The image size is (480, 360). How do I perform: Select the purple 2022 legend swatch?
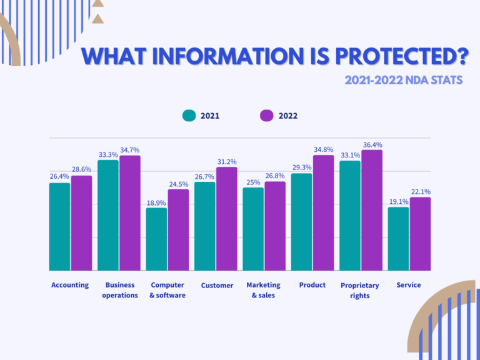click(267, 116)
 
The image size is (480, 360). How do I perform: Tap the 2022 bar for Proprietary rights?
click(371, 210)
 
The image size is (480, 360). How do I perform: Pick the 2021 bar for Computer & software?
click(156, 239)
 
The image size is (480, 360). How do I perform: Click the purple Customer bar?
click(226, 218)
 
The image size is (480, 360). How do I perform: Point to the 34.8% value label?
click(323, 149)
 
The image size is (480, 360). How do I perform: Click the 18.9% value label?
click(156, 202)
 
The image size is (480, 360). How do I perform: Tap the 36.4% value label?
click(372, 144)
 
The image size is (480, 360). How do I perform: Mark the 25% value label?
click(253, 182)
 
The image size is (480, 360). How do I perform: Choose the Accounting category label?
click(70, 285)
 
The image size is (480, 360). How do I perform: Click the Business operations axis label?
click(120, 290)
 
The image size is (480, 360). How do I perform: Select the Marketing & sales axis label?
click(263, 290)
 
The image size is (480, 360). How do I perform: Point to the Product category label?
click(312, 285)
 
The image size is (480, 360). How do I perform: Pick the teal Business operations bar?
click(108, 215)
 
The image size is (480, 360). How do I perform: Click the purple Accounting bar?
click(81, 222)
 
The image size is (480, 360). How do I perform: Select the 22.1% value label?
click(420, 191)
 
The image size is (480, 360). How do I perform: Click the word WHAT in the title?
click(112, 57)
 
